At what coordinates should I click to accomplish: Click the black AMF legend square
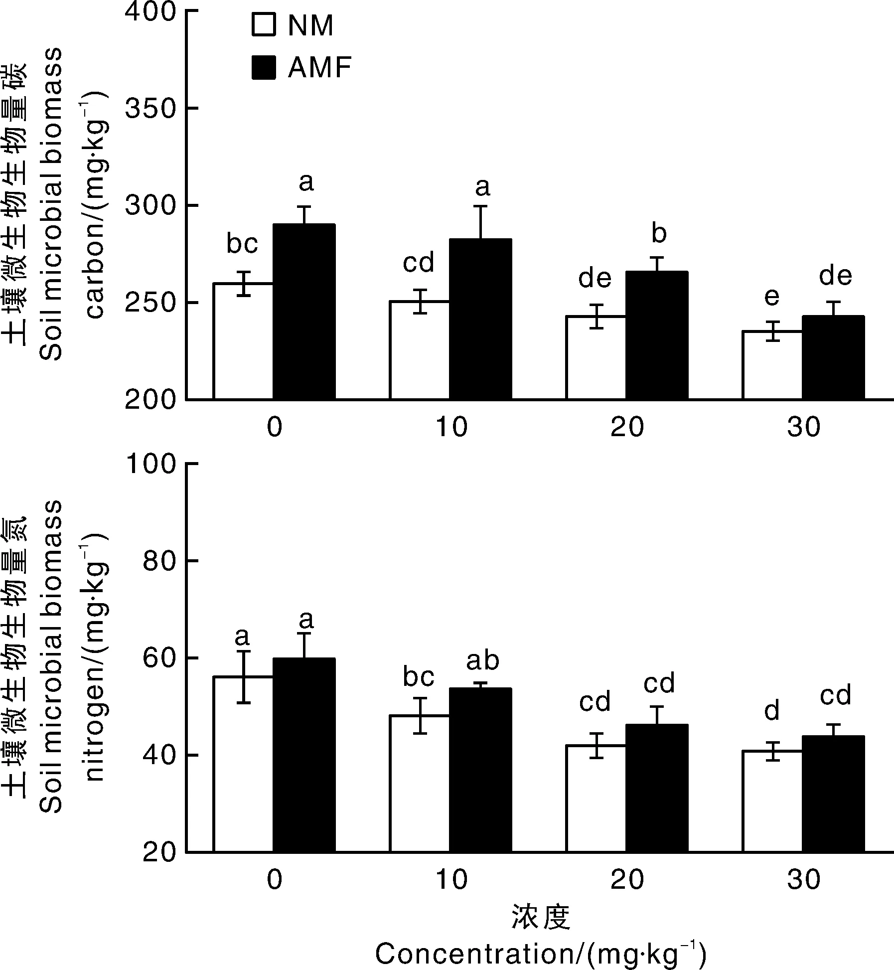tap(263, 67)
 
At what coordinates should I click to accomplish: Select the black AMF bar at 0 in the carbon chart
tap(303, 312)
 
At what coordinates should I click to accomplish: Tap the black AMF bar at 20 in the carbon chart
tap(657, 335)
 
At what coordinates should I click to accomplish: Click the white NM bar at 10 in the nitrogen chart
tap(419, 784)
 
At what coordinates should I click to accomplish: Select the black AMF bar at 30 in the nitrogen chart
tap(833, 794)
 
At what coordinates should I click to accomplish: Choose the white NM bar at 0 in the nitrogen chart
tap(243, 764)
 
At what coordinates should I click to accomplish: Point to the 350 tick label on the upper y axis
tap(150, 109)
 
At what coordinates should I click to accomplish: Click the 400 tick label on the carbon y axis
tap(150, 11)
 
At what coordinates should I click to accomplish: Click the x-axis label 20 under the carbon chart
tap(627, 428)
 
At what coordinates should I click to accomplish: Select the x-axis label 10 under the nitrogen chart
tap(451, 880)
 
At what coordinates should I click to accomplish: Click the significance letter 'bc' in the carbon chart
tap(242, 244)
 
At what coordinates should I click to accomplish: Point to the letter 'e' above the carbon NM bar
tap(772, 297)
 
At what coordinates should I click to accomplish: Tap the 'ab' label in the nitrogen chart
tap(482, 660)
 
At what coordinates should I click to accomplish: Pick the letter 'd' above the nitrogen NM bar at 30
tap(772, 711)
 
